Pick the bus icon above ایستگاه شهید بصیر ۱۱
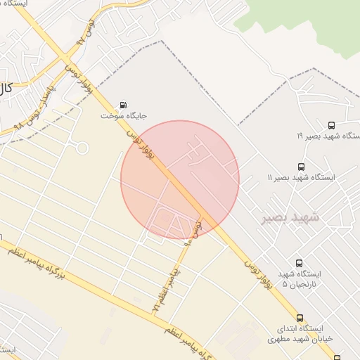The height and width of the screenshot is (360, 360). (x=301, y=167)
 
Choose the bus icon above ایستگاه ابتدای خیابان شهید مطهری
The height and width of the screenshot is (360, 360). (x=300, y=318)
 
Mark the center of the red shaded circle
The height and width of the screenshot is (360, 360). (x=180, y=179)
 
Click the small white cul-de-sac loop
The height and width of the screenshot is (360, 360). (x=82, y=148)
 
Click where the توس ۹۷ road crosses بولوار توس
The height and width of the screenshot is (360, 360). (x=64, y=57)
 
